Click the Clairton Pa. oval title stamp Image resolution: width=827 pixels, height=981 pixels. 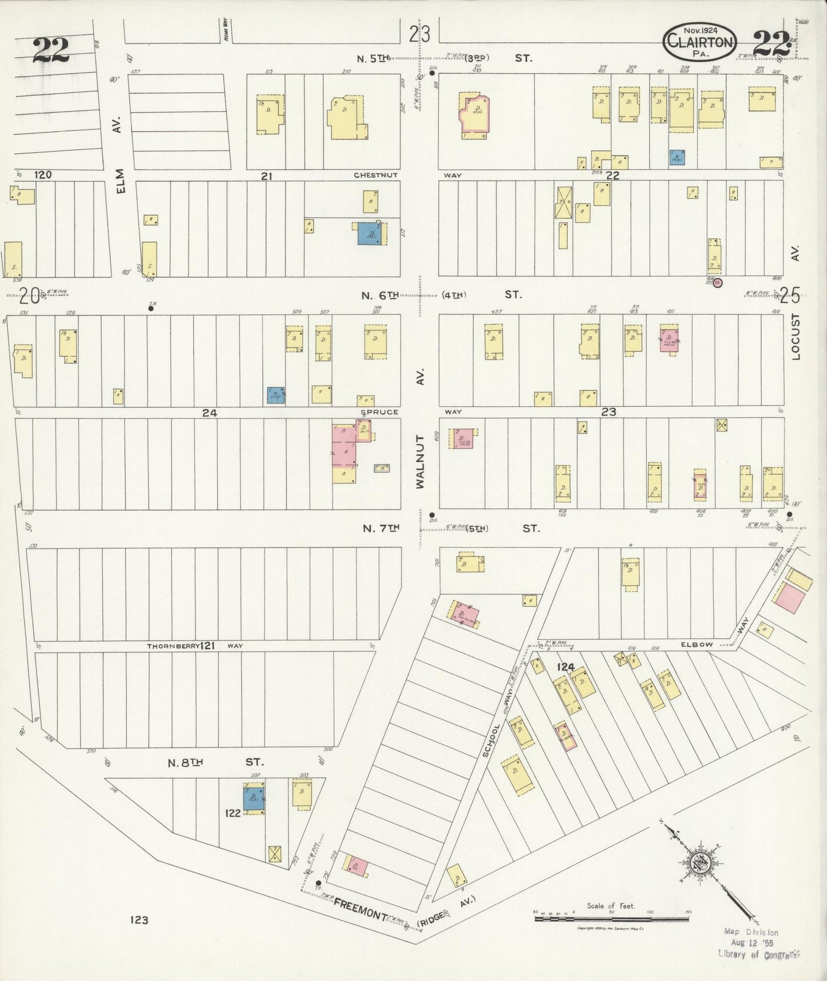(x=699, y=42)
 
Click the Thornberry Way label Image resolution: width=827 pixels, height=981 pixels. (x=195, y=646)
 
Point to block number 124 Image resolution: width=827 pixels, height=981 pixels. (x=565, y=667)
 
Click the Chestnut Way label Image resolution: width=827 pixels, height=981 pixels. (x=375, y=175)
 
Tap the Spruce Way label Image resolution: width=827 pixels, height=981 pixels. (x=379, y=412)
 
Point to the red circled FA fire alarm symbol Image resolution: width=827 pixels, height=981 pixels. (x=718, y=282)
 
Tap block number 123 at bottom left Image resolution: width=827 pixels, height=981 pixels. (x=139, y=920)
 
